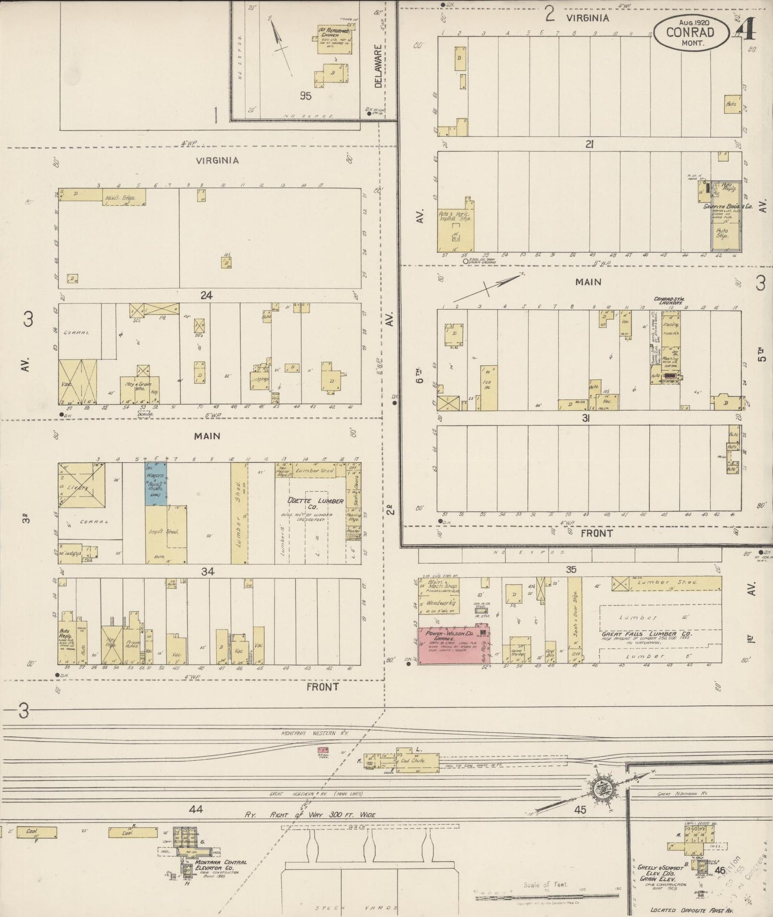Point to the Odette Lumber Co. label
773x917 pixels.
tap(307, 505)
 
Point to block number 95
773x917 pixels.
tap(305, 96)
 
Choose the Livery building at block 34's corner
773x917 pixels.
tap(81, 487)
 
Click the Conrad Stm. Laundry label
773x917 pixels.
tap(669, 301)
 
